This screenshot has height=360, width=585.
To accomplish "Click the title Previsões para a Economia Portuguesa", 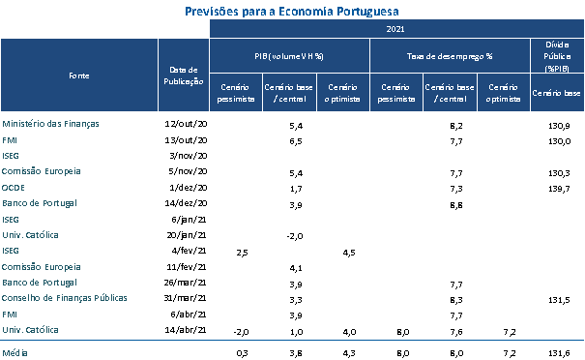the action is [292, 12].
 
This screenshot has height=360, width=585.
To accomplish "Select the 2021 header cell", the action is [396, 29].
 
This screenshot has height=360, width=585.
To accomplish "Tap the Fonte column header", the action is [79, 75].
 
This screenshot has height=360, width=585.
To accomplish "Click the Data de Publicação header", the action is [183, 75].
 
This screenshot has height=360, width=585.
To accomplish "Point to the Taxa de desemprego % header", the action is [450, 56].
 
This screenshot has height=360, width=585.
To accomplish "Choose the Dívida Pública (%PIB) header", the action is [557, 56].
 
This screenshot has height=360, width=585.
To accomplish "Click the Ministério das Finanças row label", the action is [50, 124].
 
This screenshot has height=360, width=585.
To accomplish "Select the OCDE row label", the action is [14, 188].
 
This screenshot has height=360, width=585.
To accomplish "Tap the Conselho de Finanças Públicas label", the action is [65, 298].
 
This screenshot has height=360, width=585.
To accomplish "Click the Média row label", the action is [15, 353].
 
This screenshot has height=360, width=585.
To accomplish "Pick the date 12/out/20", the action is [186, 124].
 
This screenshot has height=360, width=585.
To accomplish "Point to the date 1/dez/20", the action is [188, 188].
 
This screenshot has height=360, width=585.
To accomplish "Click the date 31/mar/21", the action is [186, 298].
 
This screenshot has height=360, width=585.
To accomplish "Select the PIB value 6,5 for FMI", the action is [296, 141].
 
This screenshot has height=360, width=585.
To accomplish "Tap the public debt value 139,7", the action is [559, 189].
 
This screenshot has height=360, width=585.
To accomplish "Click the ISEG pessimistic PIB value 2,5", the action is [242, 253].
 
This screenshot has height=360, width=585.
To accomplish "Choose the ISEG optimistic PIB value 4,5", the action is [349, 253].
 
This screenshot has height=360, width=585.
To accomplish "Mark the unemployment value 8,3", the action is [456, 300].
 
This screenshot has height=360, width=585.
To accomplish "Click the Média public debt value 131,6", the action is [559, 353].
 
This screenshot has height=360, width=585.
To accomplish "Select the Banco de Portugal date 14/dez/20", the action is [186, 203].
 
